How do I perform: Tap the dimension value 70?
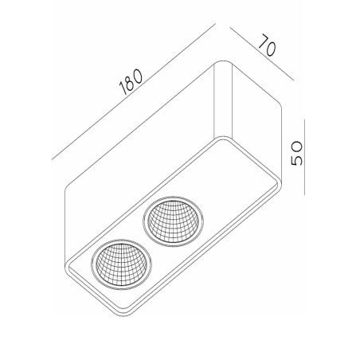tap(266, 47)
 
